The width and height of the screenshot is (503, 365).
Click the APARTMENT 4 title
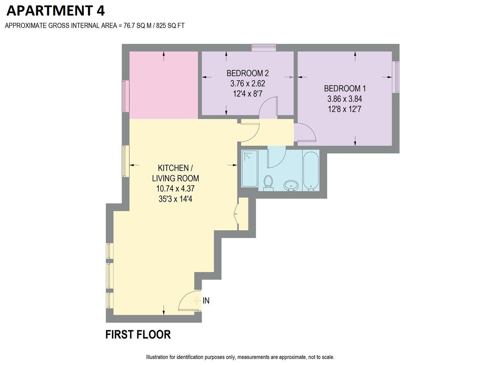pyautogui.click(x=55, y=10)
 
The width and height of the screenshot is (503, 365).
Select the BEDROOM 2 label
pyautogui.click(x=247, y=73)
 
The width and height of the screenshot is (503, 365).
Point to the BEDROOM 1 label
pyautogui.click(x=345, y=89)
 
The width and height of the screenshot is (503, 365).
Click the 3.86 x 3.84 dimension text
pyautogui.click(x=345, y=99)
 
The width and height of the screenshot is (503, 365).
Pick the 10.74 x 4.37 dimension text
pyautogui.click(x=175, y=189)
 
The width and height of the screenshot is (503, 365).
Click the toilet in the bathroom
pyautogui.click(x=268, y=182)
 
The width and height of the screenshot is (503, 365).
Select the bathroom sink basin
pyautogui.click(x=291, y=185)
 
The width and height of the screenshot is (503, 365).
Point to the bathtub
pyautogui.click(x=311, y=171)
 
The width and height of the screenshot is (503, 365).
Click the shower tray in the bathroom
pyautogui.click(x=250, y=168)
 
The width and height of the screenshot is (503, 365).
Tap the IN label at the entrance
pyautogui.click(x=206, y=300)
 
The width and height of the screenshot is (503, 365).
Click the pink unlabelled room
pyautogui.click(x=164, y=85)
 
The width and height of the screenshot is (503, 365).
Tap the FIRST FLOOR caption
pyautogui.click(x=138, y=335)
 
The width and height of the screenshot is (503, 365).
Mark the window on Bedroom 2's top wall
pyautogui.click(x=264, y=48)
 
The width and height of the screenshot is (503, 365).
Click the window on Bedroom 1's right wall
pyautogui.click(x=396, y=77)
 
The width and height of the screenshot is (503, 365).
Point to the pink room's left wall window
pyautogui.click(x=125, y=96)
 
